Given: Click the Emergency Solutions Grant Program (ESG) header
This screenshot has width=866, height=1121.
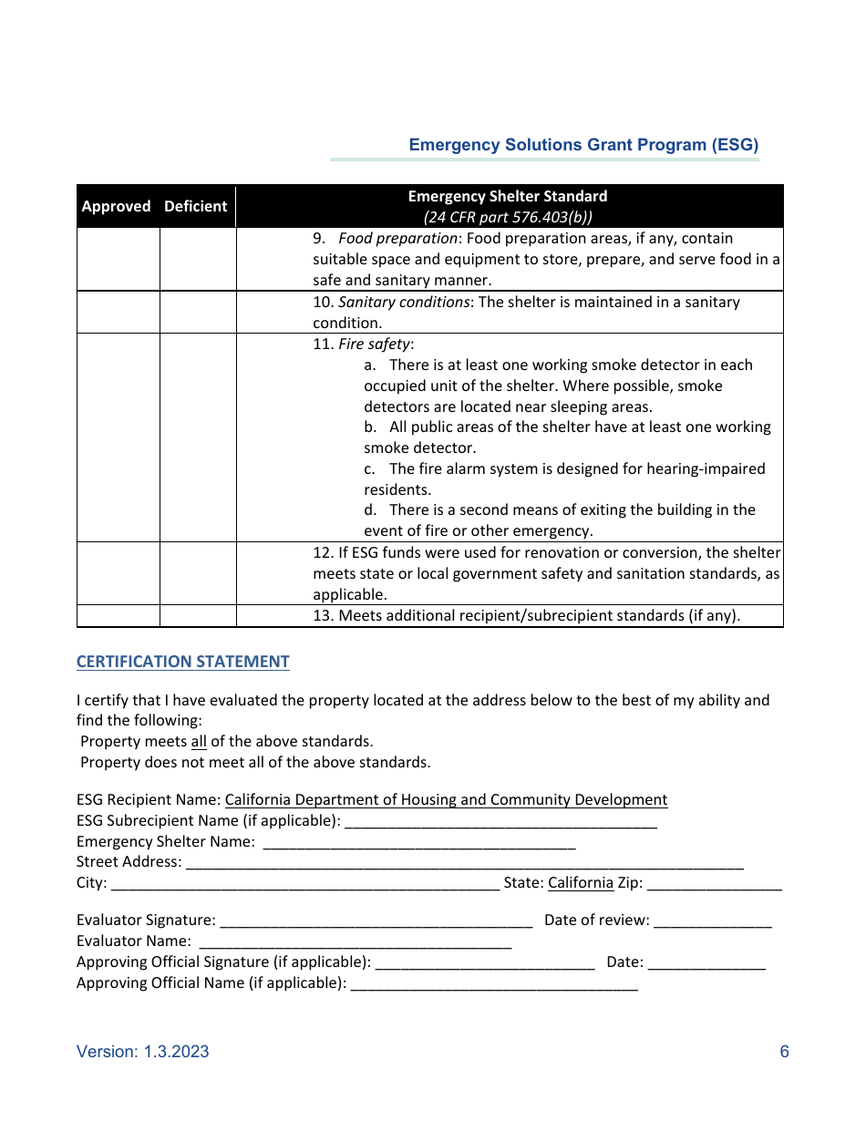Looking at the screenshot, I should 583,145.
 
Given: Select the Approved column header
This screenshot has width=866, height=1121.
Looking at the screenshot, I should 116,206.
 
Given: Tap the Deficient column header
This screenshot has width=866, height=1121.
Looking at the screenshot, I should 195,206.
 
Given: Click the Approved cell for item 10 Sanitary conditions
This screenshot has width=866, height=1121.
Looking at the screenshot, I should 119,313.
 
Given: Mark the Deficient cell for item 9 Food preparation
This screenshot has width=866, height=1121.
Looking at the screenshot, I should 198,259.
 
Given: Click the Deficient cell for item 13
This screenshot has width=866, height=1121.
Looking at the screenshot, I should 198,615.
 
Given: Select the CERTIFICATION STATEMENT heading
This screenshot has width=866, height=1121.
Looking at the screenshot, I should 182,662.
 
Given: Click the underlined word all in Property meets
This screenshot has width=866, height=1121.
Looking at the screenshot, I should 199,741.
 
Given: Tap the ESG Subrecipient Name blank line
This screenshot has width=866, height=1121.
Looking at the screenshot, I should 500,821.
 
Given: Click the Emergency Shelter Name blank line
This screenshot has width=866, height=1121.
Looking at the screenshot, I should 419,842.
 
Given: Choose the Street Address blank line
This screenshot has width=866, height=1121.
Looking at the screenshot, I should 464,862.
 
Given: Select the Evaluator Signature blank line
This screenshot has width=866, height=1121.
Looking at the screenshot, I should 376,920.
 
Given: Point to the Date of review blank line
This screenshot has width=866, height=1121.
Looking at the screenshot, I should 712,920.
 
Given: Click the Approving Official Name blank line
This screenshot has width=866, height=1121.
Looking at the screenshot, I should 493,983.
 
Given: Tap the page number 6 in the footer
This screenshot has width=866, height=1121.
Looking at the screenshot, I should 784,1052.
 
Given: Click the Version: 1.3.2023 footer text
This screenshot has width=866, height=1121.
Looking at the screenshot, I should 143,1052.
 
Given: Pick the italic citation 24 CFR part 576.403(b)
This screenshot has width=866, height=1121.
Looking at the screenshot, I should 508,217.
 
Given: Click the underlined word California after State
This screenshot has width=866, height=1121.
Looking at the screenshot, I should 581,883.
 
